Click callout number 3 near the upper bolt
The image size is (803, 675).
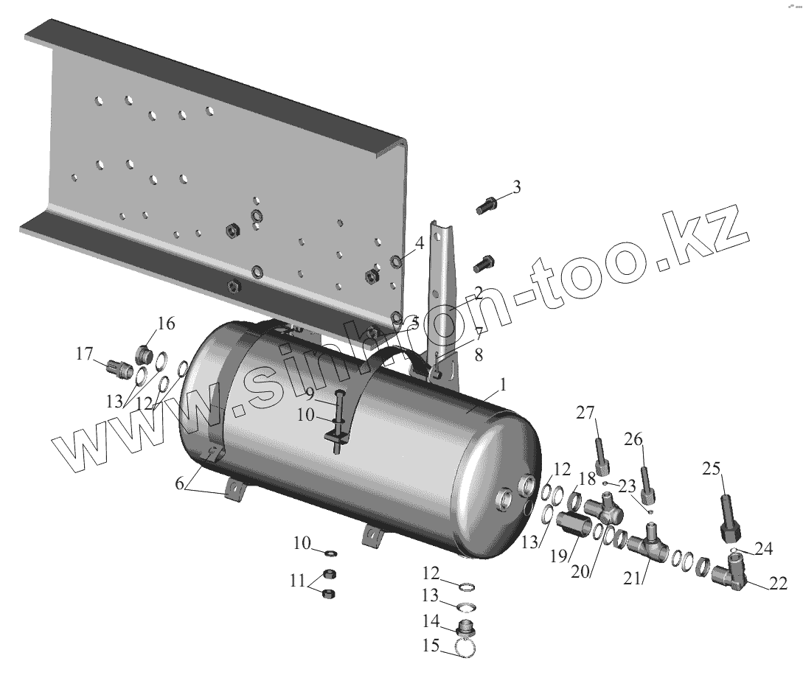click(x=517, y=187)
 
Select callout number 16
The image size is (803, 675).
click(x=167, y=323)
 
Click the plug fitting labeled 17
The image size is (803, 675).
click(x=119, y=368)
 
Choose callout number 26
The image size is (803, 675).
click(x=633, y=439)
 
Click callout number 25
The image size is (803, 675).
click(x=712, y=468)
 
